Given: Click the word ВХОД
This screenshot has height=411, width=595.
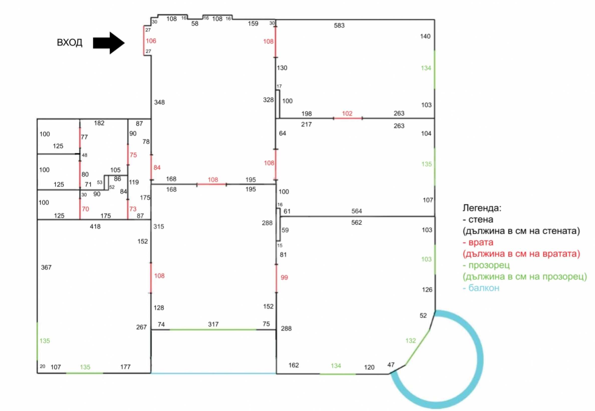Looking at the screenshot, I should (70, 43).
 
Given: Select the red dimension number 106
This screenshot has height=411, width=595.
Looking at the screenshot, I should (151, 41).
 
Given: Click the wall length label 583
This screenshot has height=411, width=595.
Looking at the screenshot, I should (339, 26).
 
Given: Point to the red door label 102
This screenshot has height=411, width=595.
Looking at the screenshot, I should (347, 114).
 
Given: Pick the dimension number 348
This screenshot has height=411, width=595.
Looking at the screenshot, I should (159, 102).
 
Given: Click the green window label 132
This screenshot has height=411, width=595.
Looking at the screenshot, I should (411, 341).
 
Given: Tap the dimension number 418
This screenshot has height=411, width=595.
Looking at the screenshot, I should (95, 227).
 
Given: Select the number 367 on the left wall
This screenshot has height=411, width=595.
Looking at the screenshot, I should (46, 268).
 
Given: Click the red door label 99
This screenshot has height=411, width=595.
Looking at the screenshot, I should (284, 278).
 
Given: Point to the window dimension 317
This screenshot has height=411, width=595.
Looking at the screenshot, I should (213, 324).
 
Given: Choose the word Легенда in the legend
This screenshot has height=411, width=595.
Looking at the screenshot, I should (482, 208).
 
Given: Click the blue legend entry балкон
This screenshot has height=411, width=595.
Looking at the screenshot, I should (484, 288).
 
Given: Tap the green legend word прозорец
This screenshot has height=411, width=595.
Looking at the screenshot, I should (489, 265).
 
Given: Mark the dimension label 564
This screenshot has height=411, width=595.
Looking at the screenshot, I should (357, 211).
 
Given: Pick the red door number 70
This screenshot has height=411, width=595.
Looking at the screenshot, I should (85, 209).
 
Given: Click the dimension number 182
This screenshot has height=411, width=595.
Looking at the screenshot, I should (99, 123).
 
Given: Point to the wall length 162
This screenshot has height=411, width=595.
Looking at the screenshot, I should (294, 365).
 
